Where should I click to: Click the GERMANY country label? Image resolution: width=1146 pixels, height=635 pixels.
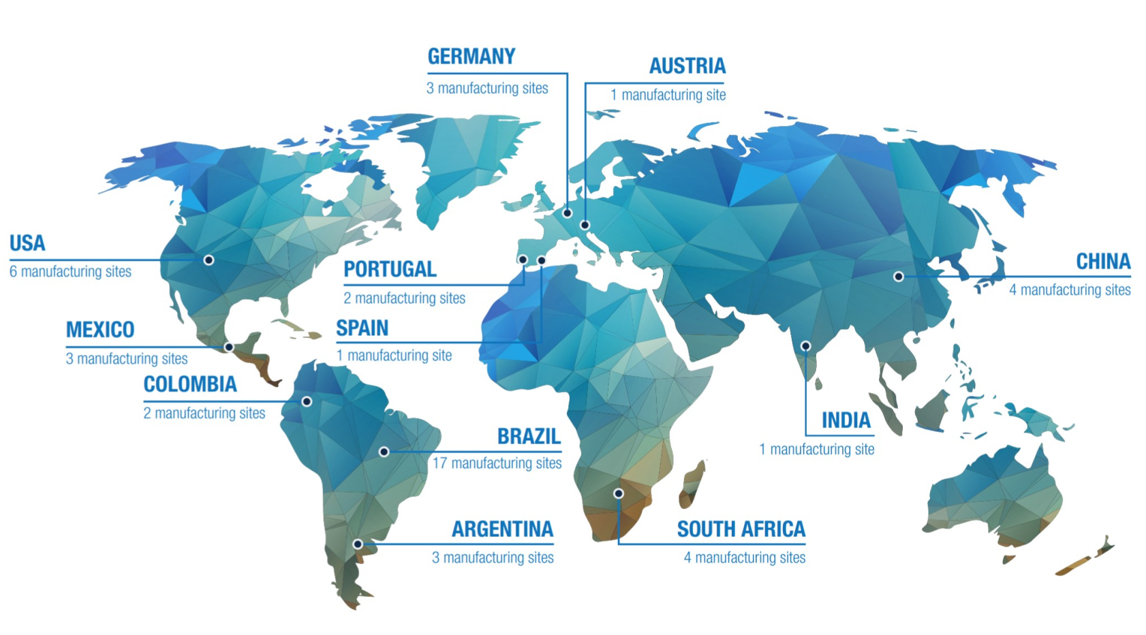click(x=471, y=57)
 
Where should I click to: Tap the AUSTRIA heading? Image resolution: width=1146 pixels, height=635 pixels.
click(x=687, y=66)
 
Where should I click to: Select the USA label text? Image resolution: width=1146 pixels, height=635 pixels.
click(x=27, y=243)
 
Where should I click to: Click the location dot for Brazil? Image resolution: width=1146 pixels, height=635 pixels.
click(x=384, y=452)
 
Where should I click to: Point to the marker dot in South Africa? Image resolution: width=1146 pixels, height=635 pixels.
click(x=619, y=493)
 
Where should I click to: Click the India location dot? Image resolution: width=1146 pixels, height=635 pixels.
click(x=805, y=346)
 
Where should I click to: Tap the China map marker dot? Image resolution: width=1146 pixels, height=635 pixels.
click(x=899, y=277)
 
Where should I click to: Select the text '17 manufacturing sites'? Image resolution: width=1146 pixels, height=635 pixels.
click(x=497, y=463)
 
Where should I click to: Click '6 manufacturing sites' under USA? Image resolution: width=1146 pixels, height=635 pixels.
click(x=70, y=272)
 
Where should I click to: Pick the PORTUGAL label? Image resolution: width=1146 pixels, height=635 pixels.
click(x=390, y=269)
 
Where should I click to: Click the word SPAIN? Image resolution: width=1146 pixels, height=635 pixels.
click(x=362, y=328)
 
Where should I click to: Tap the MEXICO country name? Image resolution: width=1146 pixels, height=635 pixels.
click(x=100, y=330)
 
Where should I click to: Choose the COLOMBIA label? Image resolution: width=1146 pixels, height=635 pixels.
click(x=190, y=384)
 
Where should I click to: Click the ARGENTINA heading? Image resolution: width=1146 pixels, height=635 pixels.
click(x=502, y=529)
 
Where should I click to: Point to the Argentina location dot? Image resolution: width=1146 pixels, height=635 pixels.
click(x=358, y=544)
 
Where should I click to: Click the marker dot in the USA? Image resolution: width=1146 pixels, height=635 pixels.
click(x=209, y=260)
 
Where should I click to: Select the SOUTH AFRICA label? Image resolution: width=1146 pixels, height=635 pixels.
click(x=741, y=529)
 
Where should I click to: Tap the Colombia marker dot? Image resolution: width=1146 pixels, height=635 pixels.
click(x=307, y=401)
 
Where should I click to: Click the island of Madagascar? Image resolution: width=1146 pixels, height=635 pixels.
click(x=692, y=484)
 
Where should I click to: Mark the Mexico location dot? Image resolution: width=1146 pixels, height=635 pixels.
click(x=229, y=347)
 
